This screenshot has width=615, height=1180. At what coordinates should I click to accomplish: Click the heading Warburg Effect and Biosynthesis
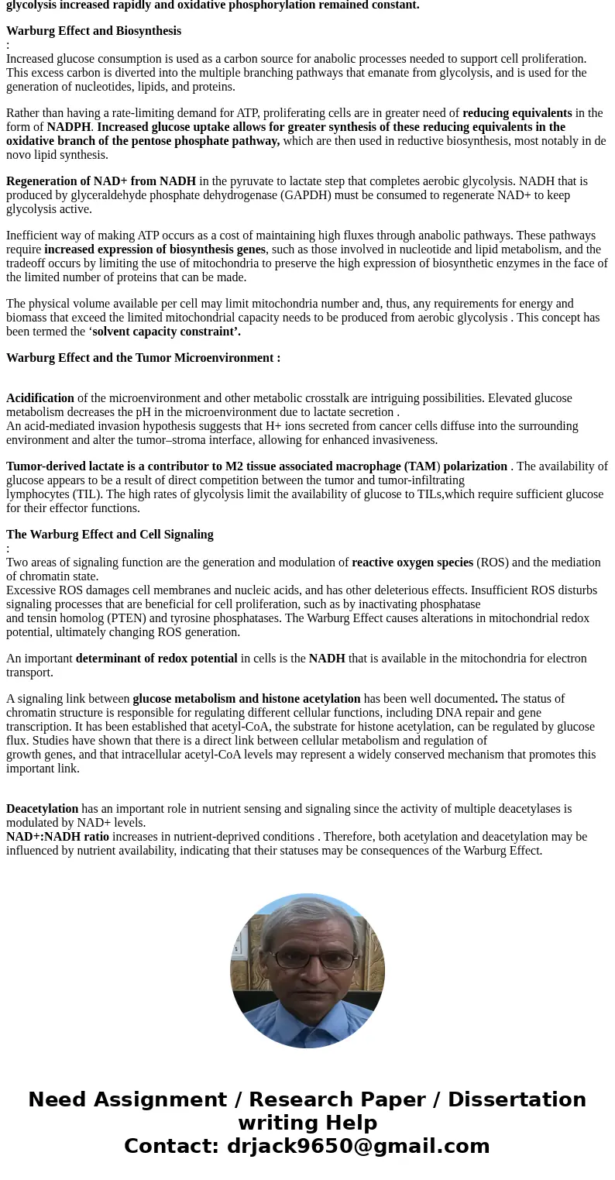[x=94, y=31]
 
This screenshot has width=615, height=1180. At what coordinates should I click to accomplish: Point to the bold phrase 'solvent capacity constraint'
[x=166, y=332]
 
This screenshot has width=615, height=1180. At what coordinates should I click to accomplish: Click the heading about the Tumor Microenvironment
[x=143, y=358]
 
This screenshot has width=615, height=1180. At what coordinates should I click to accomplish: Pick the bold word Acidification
[x=40, y=398]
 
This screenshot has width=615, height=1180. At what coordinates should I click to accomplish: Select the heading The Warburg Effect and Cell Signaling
[x=110, y=535]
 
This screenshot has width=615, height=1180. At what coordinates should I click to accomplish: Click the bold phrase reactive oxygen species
[x=412, y=562]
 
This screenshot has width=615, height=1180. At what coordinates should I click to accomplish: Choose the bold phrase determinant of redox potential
[x=156, y=659]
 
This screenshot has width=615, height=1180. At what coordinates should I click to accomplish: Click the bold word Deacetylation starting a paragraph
[x=43, y=809]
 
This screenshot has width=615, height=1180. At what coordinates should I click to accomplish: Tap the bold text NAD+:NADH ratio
[x=57, y=837]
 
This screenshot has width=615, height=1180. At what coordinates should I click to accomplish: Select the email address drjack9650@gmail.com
[x=358, y=1146]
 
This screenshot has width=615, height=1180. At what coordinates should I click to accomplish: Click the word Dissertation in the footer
[x=517, y=1099]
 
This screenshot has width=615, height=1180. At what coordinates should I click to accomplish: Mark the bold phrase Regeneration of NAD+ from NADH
[x=101, y=181]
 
